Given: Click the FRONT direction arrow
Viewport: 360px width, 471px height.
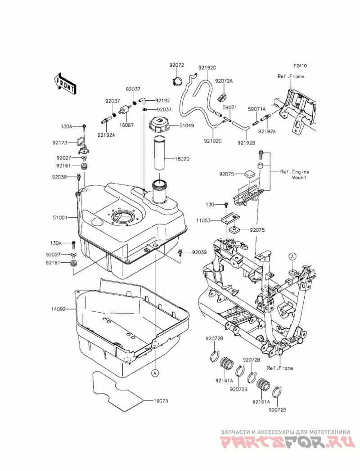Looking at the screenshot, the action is coord(65,84).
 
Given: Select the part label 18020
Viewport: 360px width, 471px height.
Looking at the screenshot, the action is coord(182,159).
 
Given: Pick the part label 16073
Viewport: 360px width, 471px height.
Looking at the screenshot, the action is coord(161,401).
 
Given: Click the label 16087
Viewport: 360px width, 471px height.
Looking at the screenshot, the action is coord(126,125).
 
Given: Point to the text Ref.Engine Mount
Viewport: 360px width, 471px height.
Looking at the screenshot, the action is coord(295,175).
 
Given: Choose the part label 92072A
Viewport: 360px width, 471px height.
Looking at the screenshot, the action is coord(224,81).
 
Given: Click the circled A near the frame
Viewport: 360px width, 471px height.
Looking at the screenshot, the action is coord(292,256).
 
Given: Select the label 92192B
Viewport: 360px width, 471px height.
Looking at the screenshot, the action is coord(247,143).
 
